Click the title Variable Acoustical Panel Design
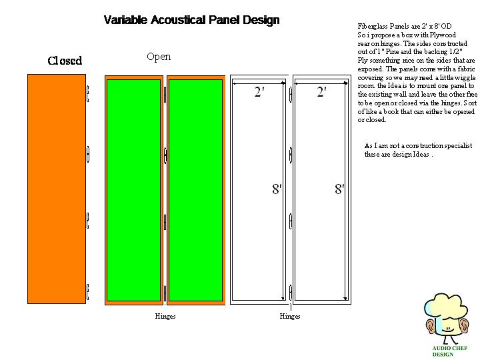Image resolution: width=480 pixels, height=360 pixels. click(191, 20)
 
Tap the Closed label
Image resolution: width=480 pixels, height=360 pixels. click(65, 61)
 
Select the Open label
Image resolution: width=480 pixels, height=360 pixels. click(159, 57)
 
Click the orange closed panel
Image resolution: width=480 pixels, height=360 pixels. click(57, 189)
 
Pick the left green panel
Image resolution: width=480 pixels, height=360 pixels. click(133, 191)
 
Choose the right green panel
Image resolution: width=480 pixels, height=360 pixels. click(195, 191)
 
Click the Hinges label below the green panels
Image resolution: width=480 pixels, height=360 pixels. click(165, 316)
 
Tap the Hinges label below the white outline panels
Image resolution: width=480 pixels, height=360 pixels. click(290, 316)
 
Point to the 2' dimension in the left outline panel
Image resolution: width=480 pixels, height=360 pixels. click(259, 91)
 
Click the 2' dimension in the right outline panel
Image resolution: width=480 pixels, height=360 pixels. click(322, 91)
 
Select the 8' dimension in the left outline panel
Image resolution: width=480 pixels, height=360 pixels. click(277, 189)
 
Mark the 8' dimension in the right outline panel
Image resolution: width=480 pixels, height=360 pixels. click(339, 189)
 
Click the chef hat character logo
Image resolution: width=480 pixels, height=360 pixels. click(446, 319)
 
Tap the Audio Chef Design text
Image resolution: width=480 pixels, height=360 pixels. click(450, 351)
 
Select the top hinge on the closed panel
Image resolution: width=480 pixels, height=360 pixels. click(87, 94)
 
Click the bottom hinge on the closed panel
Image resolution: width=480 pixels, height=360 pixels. click(87, 292)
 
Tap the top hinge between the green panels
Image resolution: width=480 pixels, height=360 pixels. click(165, 95)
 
